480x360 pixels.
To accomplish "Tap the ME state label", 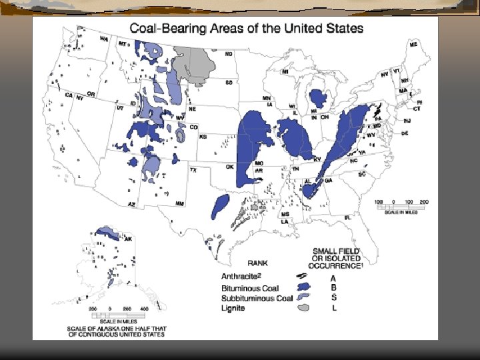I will coord(413,44).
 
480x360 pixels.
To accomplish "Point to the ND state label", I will coord(229,53).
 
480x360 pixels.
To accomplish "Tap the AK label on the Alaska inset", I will coord(129,239).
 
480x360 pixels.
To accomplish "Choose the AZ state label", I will coord(132,203).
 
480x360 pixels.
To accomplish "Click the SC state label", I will coord(363,174).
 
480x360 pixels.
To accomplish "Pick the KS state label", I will coord(203,136).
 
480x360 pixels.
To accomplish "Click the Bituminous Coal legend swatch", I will coord(302,287).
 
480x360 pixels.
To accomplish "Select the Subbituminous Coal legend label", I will coord(256,297).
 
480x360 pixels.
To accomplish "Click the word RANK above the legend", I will coord(257,263).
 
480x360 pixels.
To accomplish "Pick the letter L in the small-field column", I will coord(333,308).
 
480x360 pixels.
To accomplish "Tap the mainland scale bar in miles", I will coord(401,206).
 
